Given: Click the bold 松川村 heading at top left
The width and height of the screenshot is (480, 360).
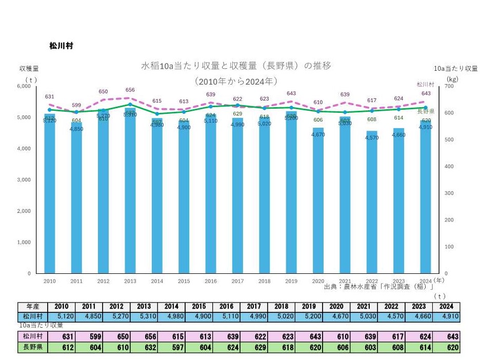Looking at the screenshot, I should (x=61, y=46).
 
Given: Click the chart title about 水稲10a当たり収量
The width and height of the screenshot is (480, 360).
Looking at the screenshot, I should (x=236, y=66).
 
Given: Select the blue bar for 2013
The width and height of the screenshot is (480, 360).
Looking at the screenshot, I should (x=130, y=195).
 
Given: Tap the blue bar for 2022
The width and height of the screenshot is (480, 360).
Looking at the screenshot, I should (x=372, y=205).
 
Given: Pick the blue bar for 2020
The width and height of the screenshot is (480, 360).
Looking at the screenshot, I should (x=318, y=203).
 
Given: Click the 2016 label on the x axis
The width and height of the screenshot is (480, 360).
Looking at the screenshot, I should (x=211, y=281).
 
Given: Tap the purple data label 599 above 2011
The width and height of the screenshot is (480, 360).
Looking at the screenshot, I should (x=76, y=105).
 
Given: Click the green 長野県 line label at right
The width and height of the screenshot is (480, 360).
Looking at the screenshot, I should (x=426, y=111).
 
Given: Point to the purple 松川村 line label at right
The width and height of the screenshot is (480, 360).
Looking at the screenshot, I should (x=425, y=84).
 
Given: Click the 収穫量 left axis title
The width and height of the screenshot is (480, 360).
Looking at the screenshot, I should (x=29, y=68).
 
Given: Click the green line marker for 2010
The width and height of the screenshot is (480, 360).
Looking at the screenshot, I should (x=50, y=110).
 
